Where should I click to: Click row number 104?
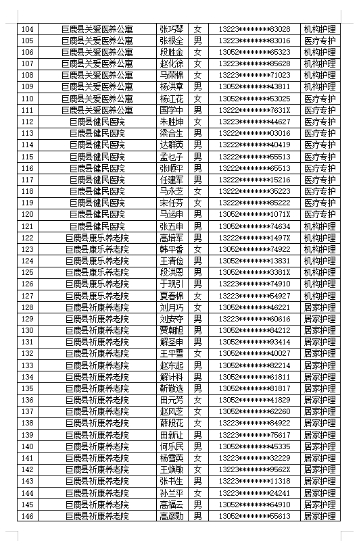click(x=27, y=29)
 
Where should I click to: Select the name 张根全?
click(x=171, y=41)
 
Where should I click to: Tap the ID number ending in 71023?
click(x=254, y=75)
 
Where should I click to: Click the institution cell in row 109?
click(x=97, y=86)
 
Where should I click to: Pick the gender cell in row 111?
click(x=197, y=110)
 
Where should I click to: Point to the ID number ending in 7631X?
click(x=254, y=110)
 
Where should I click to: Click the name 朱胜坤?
click(x=171, y=122)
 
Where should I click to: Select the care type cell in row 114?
click(x=319, y=145)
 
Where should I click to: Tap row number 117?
click(x=27, y=180)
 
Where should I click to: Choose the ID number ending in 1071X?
click(x=254, y=214)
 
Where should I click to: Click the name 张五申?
click(x=171, y=226)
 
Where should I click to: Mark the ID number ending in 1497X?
click(x=254, y=238)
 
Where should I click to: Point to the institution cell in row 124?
click(x=97, y=261)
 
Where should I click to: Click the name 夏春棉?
click(x=171, y=296)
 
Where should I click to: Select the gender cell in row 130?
click(x=197, y=330)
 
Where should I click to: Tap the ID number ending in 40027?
click(x=254, y=353)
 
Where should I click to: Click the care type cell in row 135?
click(x=319, y=388)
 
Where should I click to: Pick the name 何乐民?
click(x=171, y=446)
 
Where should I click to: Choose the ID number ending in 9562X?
click(x=254, y=469)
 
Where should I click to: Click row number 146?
click(x=27, y=516)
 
